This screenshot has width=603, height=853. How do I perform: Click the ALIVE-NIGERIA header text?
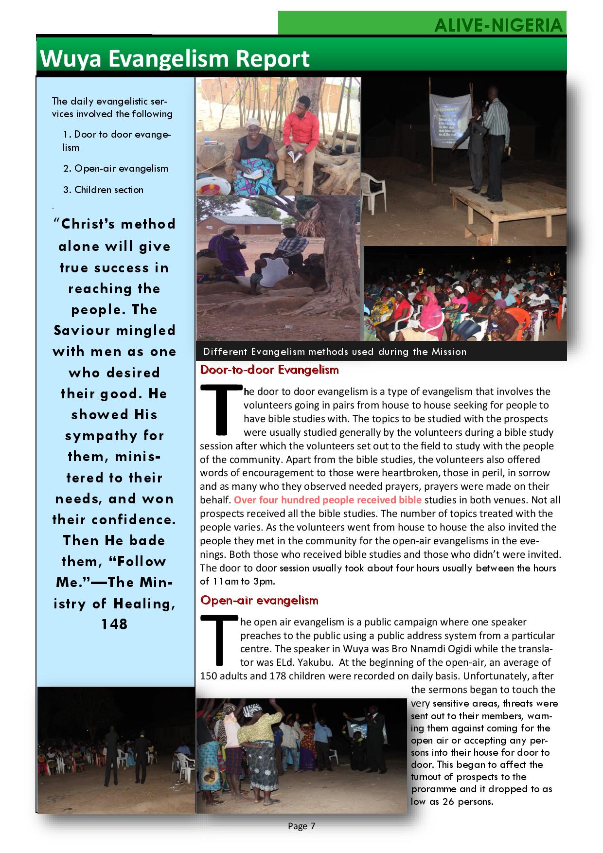(498, 25)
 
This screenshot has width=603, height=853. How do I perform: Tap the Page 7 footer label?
(301, 826)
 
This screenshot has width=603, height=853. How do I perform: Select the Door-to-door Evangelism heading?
(269, 370)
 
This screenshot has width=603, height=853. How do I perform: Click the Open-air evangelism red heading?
(259, 601)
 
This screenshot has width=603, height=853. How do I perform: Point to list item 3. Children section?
(103, 190)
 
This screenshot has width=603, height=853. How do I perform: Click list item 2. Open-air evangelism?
(115, 169)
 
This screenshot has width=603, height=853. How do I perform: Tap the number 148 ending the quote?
(114, 624)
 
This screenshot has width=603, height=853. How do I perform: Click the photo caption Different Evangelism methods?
(335, 352)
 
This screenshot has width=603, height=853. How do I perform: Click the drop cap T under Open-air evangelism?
(219, 639)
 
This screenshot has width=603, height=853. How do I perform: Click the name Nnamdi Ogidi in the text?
(442, 649)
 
